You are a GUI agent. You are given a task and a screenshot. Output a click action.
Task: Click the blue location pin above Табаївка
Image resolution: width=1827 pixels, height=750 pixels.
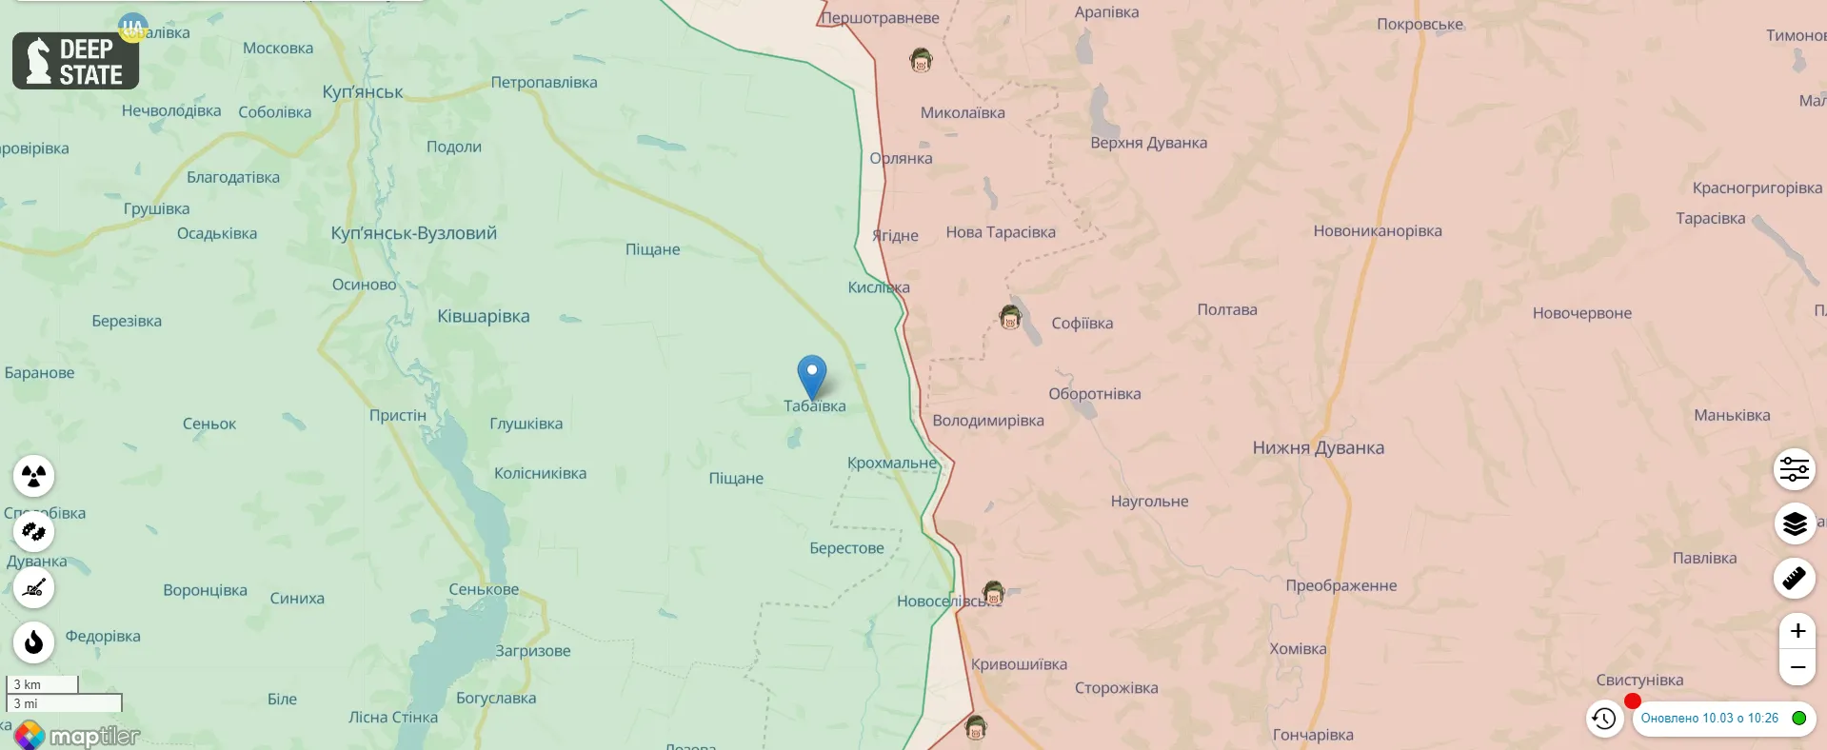812,374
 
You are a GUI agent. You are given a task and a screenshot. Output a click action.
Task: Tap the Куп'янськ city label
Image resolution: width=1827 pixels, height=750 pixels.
362,91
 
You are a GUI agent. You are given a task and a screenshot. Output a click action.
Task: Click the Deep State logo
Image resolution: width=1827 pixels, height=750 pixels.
76,61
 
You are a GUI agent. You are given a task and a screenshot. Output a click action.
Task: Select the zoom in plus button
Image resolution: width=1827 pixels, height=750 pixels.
1797,630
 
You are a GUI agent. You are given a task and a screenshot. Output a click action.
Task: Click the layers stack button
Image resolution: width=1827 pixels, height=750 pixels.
1795,523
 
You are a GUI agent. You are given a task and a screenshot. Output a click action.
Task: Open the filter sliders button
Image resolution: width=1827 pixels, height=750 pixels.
1795,469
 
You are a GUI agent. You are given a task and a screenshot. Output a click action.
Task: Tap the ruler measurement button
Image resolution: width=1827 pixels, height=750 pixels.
1795,578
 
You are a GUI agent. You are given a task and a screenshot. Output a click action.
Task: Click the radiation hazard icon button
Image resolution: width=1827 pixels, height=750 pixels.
34,475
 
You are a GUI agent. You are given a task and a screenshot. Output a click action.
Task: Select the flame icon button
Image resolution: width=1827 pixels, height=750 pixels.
34,642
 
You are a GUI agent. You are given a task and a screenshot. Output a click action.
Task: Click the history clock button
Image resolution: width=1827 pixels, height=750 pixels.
1604,719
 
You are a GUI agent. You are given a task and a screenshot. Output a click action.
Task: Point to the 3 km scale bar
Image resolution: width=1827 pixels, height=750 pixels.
42,684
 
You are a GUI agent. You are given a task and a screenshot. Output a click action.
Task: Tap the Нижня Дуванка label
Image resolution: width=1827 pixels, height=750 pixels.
1318,447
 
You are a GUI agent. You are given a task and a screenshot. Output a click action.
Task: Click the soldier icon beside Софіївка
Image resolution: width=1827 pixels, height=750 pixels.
1010,317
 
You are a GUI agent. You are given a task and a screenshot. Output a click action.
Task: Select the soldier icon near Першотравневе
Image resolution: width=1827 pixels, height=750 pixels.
921,61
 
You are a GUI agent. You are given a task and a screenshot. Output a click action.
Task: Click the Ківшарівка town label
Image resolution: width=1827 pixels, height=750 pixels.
483,316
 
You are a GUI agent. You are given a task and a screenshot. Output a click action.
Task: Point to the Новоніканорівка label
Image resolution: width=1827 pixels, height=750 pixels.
1377,230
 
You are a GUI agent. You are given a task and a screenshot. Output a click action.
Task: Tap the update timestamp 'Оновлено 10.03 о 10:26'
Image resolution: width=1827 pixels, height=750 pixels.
1709,719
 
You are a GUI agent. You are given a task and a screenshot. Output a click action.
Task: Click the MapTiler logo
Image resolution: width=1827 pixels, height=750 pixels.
78,736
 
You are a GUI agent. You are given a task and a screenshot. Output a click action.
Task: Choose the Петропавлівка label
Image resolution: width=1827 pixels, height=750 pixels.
544,82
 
